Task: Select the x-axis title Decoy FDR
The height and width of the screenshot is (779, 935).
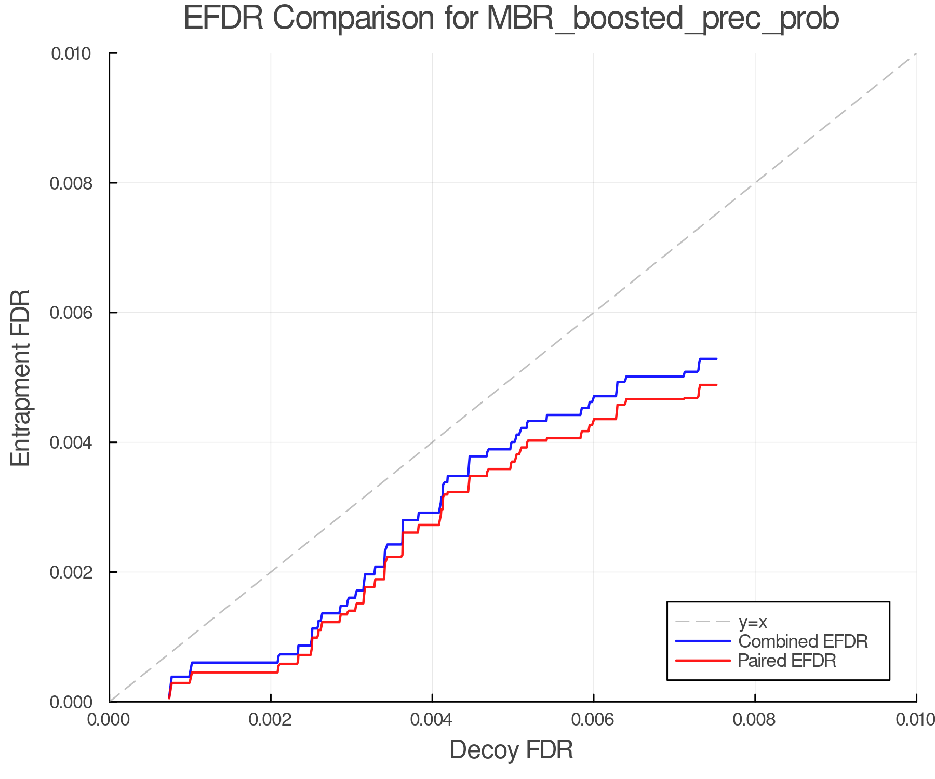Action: point(511,749)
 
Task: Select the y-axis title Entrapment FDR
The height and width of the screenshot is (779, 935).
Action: point(21,378)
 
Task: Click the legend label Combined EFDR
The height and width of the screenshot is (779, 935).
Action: point(803,641)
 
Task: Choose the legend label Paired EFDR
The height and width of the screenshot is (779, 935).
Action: point(787,661)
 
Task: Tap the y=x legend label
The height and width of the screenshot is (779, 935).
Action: point(753,622)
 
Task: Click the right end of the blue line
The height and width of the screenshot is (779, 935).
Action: point(716,359)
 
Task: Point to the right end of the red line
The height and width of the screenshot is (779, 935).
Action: point(716,385)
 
